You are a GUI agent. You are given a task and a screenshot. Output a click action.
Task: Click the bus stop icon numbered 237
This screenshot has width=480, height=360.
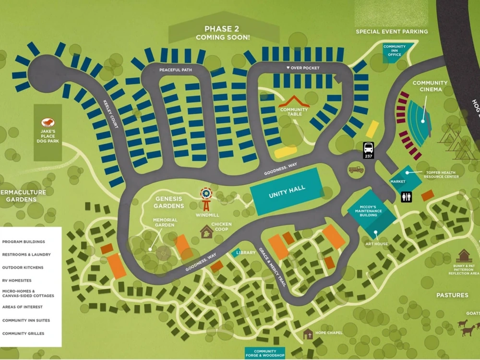[x=369, y=150]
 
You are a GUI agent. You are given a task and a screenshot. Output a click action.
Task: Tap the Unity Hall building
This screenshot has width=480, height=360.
[x=287, y=192]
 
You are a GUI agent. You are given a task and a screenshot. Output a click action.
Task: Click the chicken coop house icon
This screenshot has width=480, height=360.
[x=206, y=232]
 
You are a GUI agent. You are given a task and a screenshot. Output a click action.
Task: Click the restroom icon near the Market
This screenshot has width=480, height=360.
[x=407, y=196]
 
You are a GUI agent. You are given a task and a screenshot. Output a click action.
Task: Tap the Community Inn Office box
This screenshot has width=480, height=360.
[x=395, y=50]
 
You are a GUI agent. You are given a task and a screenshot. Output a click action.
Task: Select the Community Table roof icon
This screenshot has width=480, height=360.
[x=294, y=102]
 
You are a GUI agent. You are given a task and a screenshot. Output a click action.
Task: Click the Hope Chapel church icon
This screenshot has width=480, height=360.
[x=308, y=334]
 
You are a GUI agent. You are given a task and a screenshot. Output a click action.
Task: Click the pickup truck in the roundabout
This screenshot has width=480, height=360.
[x=356, y=169]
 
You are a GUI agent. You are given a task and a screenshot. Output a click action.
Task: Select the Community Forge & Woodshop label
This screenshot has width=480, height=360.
[x=265, y=354]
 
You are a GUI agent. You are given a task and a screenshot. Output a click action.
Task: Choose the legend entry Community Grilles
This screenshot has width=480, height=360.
[x=23, y=333]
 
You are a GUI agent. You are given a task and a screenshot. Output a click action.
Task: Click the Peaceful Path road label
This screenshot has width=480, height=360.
[x=176, y=70]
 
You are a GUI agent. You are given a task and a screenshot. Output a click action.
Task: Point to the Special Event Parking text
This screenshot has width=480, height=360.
[x=392, y=32]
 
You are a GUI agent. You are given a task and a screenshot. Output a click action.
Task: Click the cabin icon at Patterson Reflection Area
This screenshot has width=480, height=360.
[x=464, y=255]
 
